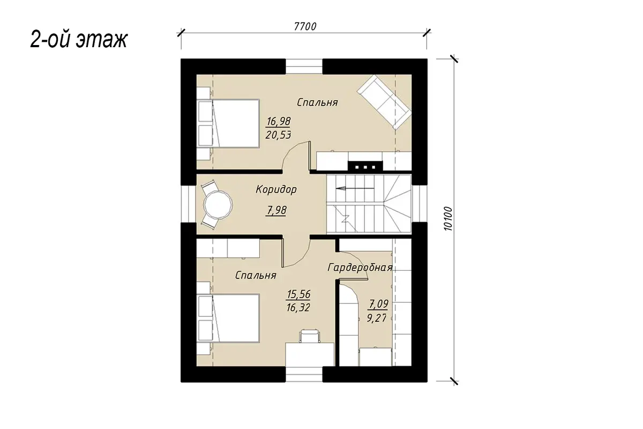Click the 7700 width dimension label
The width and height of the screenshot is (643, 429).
coord(305,26)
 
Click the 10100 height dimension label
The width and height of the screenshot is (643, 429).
coord(448,219)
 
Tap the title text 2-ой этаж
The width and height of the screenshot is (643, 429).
coord(79,40)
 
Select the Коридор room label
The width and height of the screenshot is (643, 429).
coord(276,190)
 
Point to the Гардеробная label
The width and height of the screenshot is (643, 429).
coord(360,268)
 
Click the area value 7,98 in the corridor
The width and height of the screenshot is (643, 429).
coord(276,210)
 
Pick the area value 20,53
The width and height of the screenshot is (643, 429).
coord(278,135)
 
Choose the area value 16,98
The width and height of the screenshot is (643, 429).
coord(278,121)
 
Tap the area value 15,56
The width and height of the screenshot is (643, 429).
coord(298,294)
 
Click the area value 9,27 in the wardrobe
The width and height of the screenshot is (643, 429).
coord(377,318)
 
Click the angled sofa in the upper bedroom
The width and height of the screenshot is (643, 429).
coord(384,102)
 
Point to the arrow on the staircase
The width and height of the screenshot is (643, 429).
coord(355,189)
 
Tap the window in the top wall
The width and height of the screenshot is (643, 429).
coord(304,66)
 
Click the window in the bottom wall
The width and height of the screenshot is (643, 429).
coord(304,374)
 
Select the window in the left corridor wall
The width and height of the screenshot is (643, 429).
coord(188,204)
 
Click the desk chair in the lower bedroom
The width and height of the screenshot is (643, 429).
coord(310,336)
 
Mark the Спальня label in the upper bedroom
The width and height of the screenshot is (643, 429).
coord(317,102)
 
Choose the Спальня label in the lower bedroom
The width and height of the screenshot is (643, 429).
coord(256,275)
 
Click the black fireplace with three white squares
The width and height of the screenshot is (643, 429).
coord(365,166)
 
